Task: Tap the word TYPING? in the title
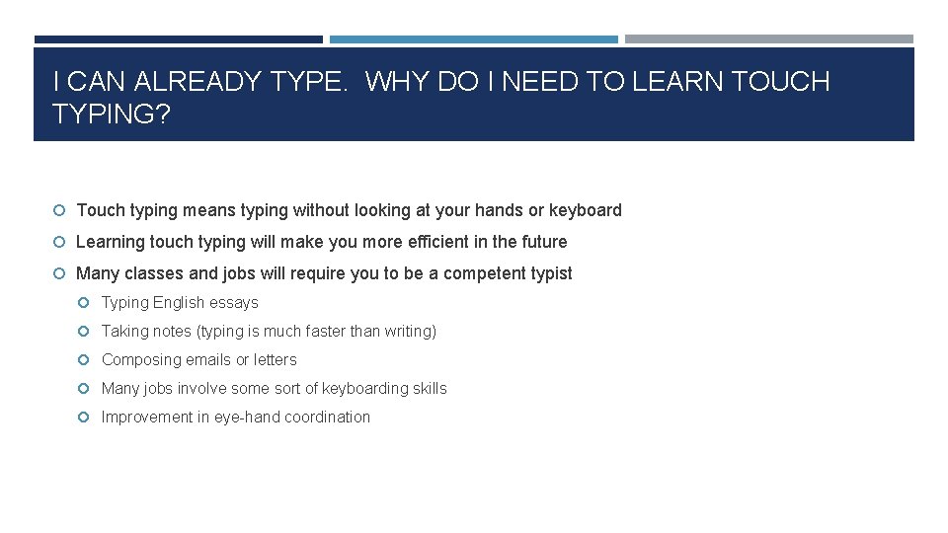(111, 114)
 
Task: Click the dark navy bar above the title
(178, 39)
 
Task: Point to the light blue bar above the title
(473, 39)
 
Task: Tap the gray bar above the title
(768, 39)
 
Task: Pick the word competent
(482, 273)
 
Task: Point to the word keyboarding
(366, 389)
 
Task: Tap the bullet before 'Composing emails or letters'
(85, 360)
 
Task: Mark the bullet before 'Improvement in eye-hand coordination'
(85, 418)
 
